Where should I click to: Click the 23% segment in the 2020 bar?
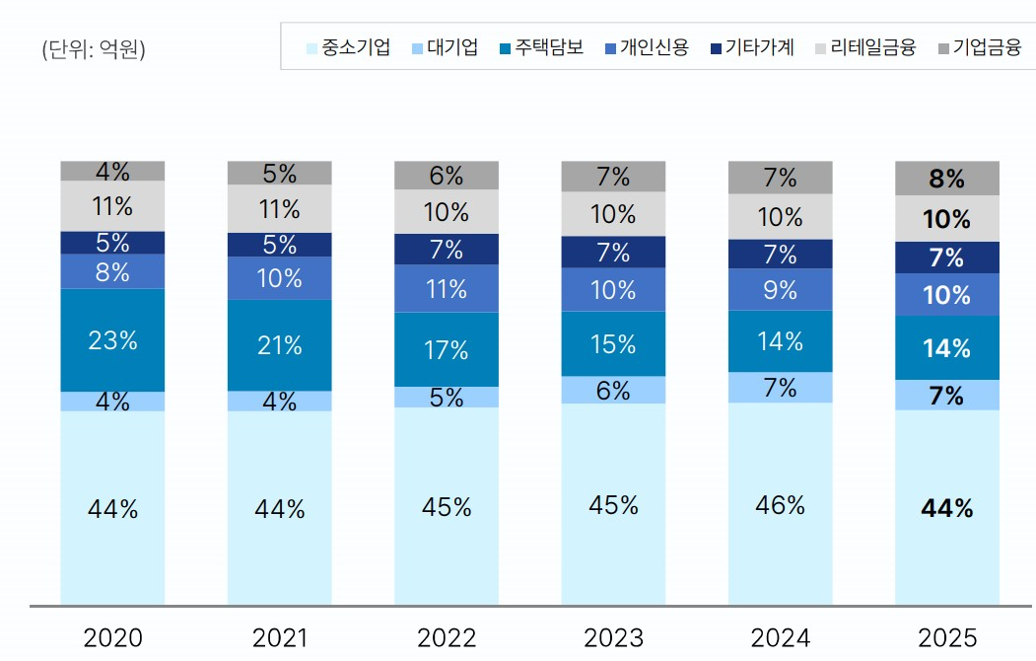coord(112,340)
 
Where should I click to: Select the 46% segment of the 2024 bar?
coord(781,504)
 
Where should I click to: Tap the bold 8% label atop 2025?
coord(947,180)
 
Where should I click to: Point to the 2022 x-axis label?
coord(447,637)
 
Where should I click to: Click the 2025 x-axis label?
coord(947,637)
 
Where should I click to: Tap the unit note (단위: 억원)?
coord(94,49)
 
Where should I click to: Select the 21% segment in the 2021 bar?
coord(279,345)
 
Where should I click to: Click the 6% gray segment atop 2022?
coord(447,177)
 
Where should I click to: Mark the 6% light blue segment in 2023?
coord(613,391)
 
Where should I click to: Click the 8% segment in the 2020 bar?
coord(112,271)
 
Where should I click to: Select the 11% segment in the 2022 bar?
coord(447,288)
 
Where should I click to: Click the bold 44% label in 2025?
coord(947,508)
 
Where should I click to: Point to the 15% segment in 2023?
coord(613,344)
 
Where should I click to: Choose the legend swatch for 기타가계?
coord(716,47)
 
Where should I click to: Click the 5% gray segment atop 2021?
coord(279,174)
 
